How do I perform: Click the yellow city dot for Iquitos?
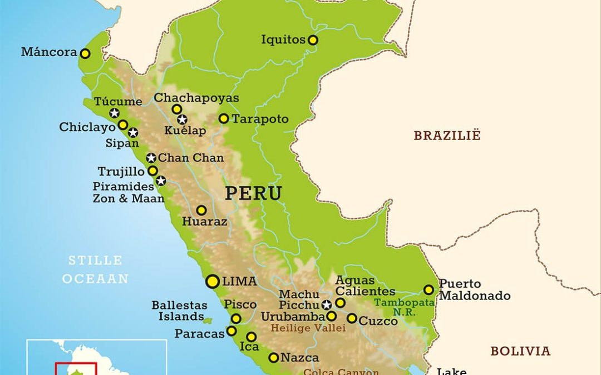(x=313, y=40)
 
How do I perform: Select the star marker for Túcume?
(x=114, y=113)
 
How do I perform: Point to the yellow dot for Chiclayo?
(x=123, y=125)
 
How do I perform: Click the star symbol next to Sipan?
(x=133, y=132)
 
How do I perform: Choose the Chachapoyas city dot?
(x=176, y=109)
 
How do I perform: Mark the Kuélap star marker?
(x=182, y=119)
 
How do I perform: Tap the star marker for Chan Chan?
(x=151, y=158)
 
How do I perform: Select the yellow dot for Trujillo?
(x=152, y=171)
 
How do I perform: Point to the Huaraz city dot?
(x=201, y=211)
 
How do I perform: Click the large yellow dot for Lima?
(x=212, y=282)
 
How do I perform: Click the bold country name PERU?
(x=253, y=194)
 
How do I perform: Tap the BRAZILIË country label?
(x=447, y=136)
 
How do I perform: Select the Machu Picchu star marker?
(x=327, y=304)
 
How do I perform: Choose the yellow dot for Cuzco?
(x=352, y=318)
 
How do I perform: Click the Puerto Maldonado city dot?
(x=428, y=289)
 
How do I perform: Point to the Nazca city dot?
(x=273, y=358)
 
